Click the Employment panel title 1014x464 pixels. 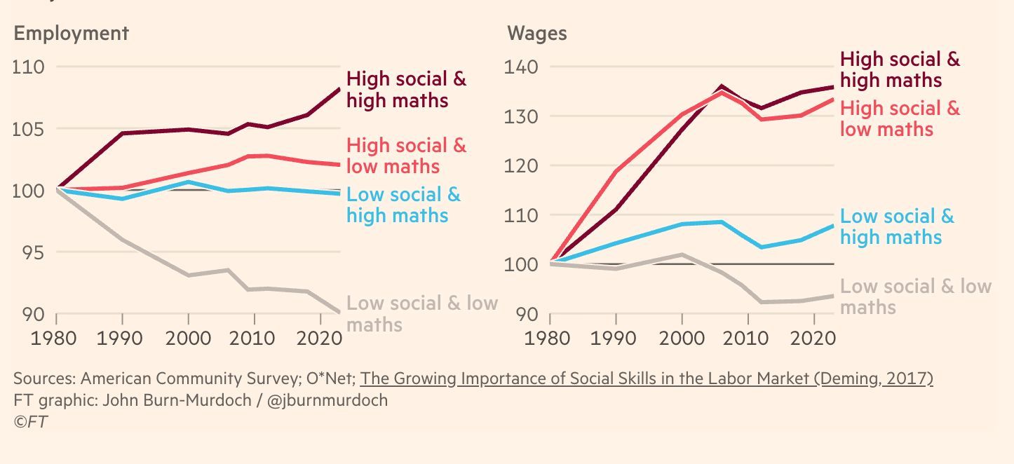(x=71, y=33)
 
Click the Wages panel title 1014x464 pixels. (x=536, y=33)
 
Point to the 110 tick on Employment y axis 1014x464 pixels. (x=29, y=67)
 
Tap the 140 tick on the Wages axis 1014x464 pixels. (x=521, y=67)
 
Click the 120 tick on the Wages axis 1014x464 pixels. (x=521, y=166)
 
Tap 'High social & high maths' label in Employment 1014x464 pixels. (x=406, y=89)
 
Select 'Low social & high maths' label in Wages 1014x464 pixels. (x=897, y=226)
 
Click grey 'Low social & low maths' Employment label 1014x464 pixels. (x=421, y=313)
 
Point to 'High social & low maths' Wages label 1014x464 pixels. (x=900, y=118)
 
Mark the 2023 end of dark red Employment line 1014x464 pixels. (x=340, y=89)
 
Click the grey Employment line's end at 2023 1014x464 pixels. (x=340, y=312)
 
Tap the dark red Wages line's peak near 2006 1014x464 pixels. (x=721, y=87)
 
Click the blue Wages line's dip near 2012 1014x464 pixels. (x=761, y=247)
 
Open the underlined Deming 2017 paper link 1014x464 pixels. (x=647, y=378)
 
